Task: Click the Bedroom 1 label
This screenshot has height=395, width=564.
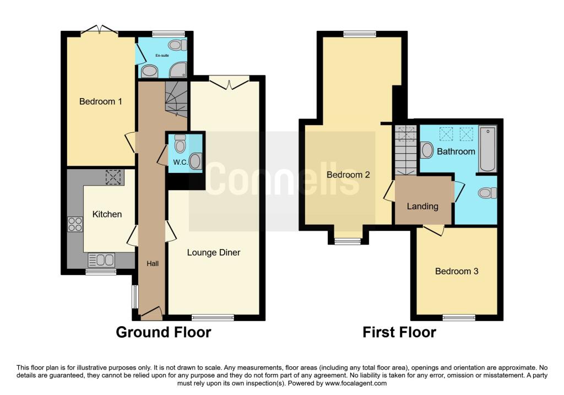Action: (x=100, y=101)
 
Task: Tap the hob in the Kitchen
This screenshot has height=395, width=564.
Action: (x=75, y=224)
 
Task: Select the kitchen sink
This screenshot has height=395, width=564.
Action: (x=101, y=259)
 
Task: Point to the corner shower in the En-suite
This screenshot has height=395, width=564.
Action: (x=178, y=69)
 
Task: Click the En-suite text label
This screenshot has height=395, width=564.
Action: (x=162, y=56)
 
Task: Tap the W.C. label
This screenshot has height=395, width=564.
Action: (x=180, y=163)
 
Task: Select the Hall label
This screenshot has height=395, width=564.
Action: (x=153, y=264)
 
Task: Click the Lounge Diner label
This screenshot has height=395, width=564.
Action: (x=214, y=252)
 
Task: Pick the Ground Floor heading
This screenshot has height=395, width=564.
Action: (x=163, y=332)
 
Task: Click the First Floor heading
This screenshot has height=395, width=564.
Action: (x=399, y=332)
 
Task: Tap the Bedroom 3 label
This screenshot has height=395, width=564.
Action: (x=457, y=271)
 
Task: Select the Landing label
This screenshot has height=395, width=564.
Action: (x=422, y=207)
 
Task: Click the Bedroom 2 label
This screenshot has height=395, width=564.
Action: (x=348, y=175)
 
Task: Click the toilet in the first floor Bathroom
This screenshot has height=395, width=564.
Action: (x=488, y=193)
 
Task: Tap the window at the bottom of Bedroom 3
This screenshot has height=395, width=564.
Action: (x=459, y=317)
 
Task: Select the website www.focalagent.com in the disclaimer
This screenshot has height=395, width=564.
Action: (x=356, y=383)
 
